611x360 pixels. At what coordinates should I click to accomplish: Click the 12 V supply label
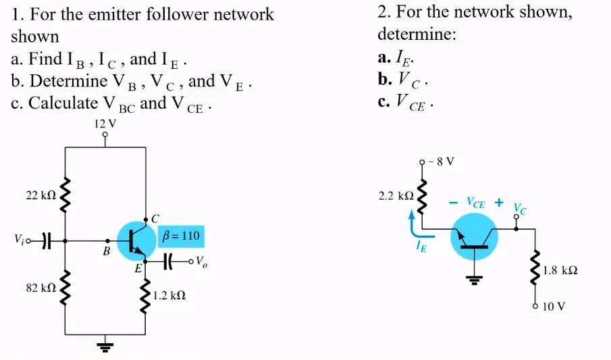pos(105,124)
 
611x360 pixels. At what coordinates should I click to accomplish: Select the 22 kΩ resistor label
pos(41,195)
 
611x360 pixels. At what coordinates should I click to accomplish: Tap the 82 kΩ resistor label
pos(41,288)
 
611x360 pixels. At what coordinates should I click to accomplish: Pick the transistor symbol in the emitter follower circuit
pos(136,240)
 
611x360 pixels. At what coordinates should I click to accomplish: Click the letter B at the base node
pos(106,252)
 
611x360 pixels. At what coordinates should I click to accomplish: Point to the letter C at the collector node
pos(155,217)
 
